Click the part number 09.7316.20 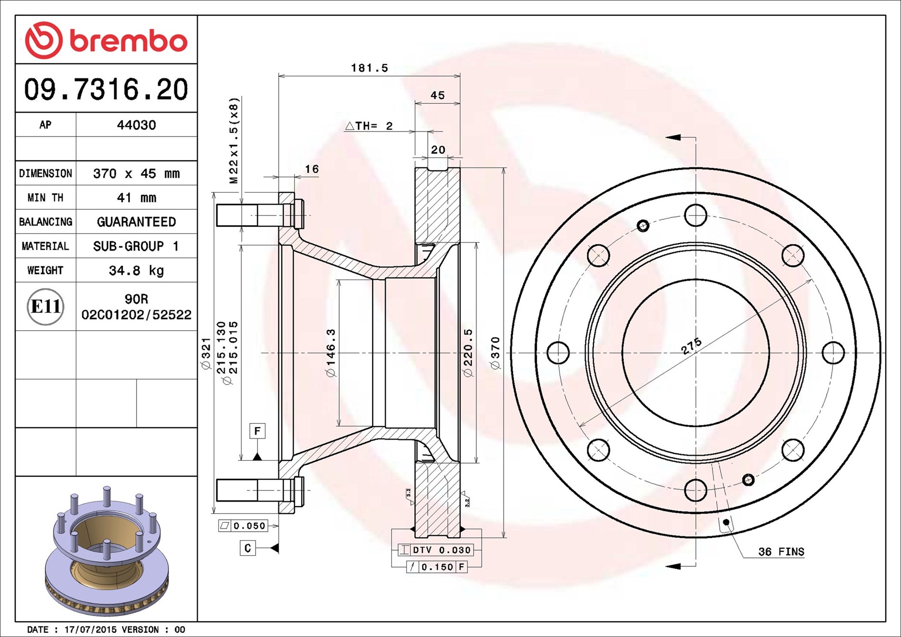106,89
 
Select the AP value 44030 137,125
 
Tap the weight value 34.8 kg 137,271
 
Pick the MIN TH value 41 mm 137,197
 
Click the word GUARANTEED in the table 137,222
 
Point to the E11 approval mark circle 45,307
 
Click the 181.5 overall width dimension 369,68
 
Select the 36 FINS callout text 781,552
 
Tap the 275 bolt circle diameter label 691,346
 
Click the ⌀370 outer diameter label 495,353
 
